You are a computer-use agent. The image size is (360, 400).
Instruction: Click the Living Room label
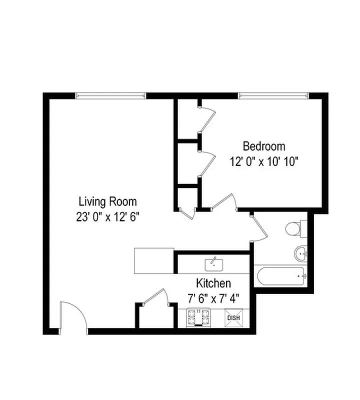tap(107, 202)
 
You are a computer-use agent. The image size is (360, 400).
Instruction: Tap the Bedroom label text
tap(264, 146)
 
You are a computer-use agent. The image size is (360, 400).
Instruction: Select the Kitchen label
tap(213, 283)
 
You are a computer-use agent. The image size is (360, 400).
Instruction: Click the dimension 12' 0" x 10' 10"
tap(264, 162)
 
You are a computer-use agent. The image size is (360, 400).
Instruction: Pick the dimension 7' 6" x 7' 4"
tap(213, 298)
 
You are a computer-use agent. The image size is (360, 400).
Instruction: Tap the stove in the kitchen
tap(198, 317)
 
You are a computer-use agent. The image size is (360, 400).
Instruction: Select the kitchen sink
tap(213, 263)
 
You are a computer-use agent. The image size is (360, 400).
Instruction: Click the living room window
tap(110, 95)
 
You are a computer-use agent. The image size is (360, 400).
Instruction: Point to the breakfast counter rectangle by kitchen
tap(154, 260)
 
